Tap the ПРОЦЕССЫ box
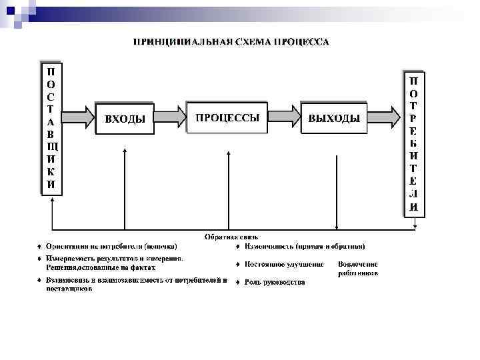tap(227, 118)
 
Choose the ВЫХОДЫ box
tap(334, 119)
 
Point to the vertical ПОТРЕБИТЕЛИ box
tap(413, 142)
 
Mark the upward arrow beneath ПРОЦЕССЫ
tap(228, 187)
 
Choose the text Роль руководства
tap(275, 282)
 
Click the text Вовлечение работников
tap(358, 268)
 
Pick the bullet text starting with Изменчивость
tap(304, 246)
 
